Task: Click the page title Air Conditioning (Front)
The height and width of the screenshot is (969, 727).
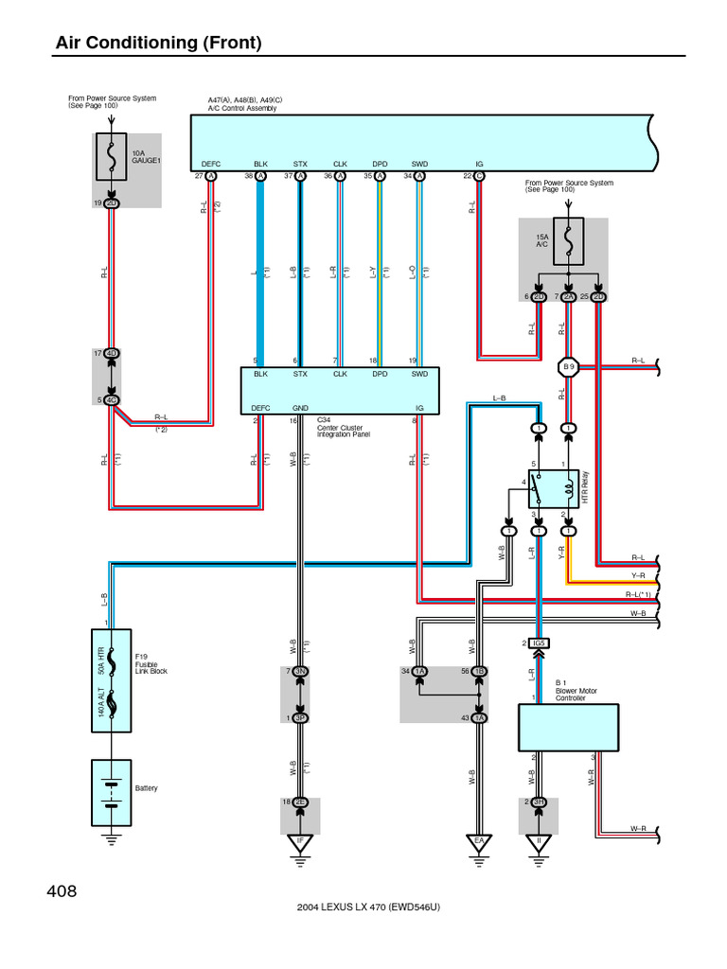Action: (x=158, y=43)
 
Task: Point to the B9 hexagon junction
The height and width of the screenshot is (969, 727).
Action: (x=568, y=366)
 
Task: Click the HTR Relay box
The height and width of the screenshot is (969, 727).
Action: (x=553, y=487)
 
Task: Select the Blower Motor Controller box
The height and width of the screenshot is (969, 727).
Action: (x=568, y=727)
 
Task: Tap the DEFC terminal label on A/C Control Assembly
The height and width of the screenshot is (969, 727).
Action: (x=211, y=164)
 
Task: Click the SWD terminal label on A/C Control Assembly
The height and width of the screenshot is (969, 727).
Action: (x=419, y=164)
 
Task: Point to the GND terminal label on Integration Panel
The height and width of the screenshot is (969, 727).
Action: (x=301, y=408)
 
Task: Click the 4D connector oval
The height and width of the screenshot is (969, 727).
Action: (x=112, y=354)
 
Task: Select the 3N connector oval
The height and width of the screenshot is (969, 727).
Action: (x=301, y=672)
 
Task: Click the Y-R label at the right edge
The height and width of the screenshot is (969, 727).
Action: (x=637, y=575)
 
